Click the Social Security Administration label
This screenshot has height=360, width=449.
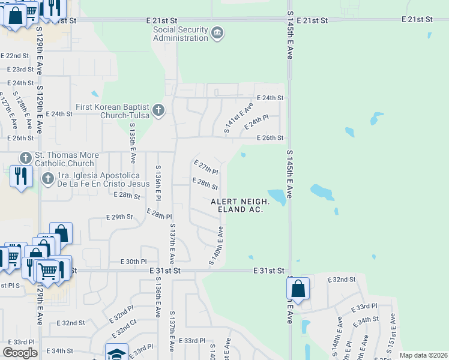coord(180,34)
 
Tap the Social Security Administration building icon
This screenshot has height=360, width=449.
coord(217,32)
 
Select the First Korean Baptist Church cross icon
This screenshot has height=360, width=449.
coord(158,110)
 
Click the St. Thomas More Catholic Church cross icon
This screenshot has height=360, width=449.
coord(25,158)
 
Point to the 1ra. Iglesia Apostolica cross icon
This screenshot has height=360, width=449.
coord(48,179)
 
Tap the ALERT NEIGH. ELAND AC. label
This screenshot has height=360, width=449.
coord(240,205)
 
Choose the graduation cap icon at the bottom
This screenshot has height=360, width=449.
coord(116,353)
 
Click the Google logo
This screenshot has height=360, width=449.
coord(20,352)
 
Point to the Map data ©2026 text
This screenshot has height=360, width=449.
coord(423,355)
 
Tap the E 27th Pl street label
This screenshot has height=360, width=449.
coord(205,167)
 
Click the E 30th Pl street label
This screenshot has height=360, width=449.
coord(133,262)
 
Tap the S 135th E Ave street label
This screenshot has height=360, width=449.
coord(133,143)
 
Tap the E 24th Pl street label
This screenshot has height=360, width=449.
coord(255,124)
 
